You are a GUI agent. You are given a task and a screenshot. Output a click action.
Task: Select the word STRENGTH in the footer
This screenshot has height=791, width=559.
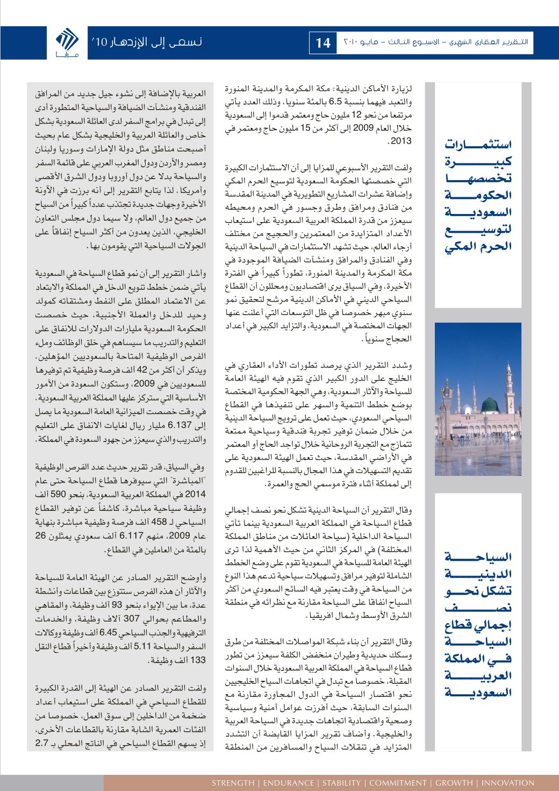pos(232,782)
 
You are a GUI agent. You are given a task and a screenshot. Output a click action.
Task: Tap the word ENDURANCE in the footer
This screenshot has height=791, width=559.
pos(283,782)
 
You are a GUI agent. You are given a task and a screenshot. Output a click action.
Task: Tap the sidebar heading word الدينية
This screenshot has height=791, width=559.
pos(478,575)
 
